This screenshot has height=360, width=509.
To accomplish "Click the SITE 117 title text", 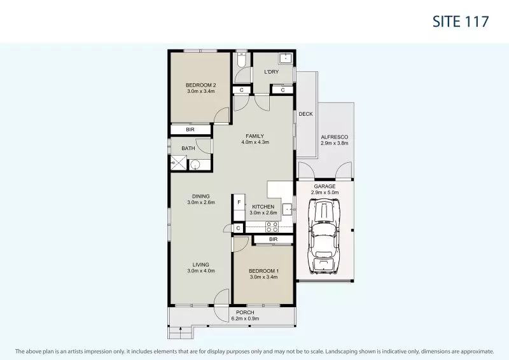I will [460, 21].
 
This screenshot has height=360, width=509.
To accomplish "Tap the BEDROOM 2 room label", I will [201, 85].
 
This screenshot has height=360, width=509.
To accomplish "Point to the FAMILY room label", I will [255, 135].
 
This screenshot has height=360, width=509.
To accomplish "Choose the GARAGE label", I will [324, 186].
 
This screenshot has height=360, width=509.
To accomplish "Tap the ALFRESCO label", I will [335, 137].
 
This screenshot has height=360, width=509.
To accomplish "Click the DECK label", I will [305, 114].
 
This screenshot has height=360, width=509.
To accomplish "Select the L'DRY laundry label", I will [272, 72].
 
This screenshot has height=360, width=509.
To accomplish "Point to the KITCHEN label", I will [263, 207].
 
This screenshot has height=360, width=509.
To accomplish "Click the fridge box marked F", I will [239, 203].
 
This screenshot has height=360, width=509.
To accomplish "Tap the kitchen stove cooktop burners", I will [272, 227].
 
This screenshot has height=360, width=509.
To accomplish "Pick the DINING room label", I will [201, 196].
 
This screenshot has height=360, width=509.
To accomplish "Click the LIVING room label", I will [201, 264].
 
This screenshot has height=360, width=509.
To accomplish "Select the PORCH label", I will [245, 312].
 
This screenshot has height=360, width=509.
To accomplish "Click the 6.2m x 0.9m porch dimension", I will [245, 319].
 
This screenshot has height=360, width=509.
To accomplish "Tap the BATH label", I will [188, 149].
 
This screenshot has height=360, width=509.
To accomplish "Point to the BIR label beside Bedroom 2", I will [190, 130].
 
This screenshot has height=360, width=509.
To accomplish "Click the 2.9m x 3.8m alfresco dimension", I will [335, 144].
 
